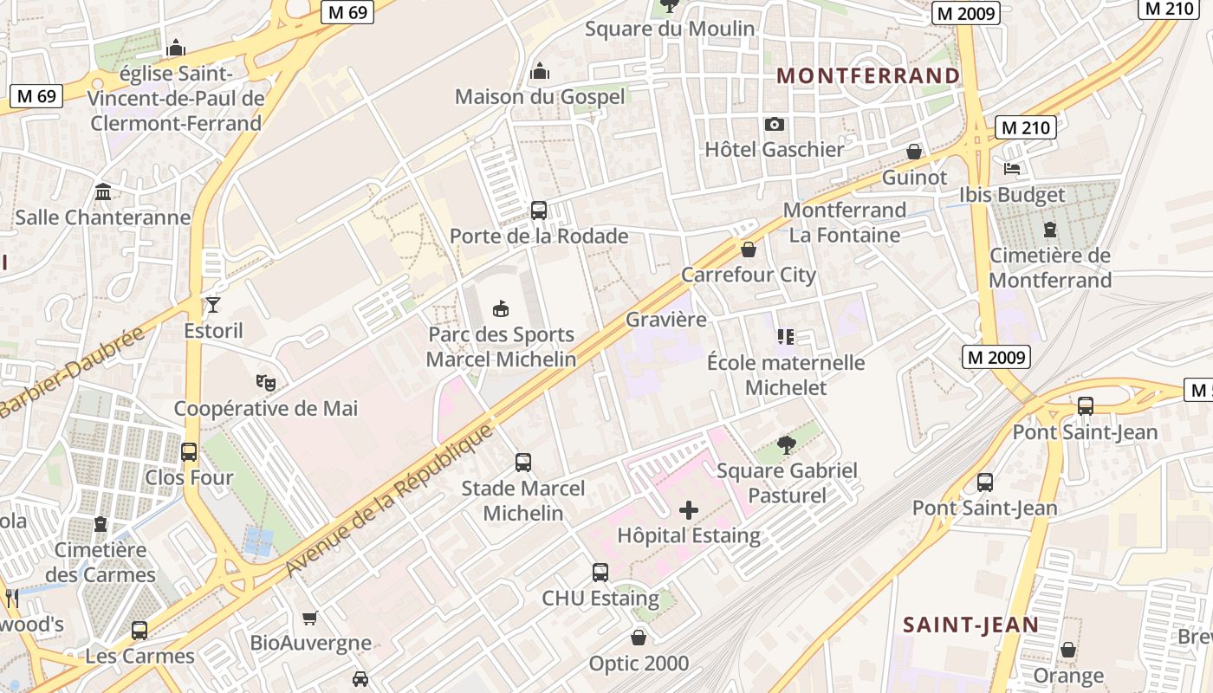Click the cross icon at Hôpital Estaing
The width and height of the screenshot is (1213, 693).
tap(689, 510)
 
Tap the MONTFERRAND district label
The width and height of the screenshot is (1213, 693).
tap(868, 76)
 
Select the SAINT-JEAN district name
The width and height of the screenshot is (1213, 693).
tap(970, 625)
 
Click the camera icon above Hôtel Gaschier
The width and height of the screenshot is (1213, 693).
tap(775, 125)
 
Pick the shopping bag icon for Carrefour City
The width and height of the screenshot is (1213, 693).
tap(749, 250)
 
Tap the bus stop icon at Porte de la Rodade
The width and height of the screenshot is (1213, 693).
tap(539, 210)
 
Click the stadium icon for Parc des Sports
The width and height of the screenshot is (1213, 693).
tap(501, 308)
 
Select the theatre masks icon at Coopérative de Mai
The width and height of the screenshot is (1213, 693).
tap(266, 382)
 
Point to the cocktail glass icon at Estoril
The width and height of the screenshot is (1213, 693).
tap(213, 305)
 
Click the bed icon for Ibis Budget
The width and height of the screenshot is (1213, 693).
tap(1011, 168)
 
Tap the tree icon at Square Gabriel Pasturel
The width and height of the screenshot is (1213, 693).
tap(787, 445)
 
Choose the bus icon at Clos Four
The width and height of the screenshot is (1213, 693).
tap(189, 452)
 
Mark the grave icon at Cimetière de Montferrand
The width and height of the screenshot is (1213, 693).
tap(1050, 230)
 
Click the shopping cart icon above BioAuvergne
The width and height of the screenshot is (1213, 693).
tap(310, 618)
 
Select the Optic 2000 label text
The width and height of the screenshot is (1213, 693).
tap(639, 664)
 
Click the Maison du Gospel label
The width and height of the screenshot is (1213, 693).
tap(539, 97)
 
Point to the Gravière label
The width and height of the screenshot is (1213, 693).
tap(666, 320)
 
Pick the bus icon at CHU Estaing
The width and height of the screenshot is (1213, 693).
tap(600, 573)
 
